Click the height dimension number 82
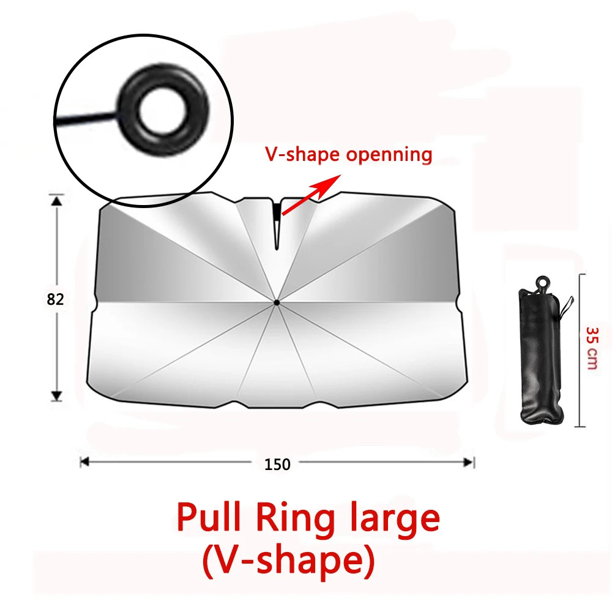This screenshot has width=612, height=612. [55, 299]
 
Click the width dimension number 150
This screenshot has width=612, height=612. [277, 465]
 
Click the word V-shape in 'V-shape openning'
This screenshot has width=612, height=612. [302, 155]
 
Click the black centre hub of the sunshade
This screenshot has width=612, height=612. [277, 302]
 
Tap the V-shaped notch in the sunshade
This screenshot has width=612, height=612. [277, 225]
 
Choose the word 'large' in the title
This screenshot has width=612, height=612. [395, 519]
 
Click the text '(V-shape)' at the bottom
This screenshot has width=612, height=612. [288, 561]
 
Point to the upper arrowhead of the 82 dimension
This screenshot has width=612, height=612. [57, 201]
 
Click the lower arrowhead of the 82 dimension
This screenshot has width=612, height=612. [57, 396]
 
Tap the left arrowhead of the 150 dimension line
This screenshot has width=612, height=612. [84, 462]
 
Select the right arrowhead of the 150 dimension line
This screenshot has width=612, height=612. [468, 463]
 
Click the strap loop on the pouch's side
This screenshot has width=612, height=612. [567, 307]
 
